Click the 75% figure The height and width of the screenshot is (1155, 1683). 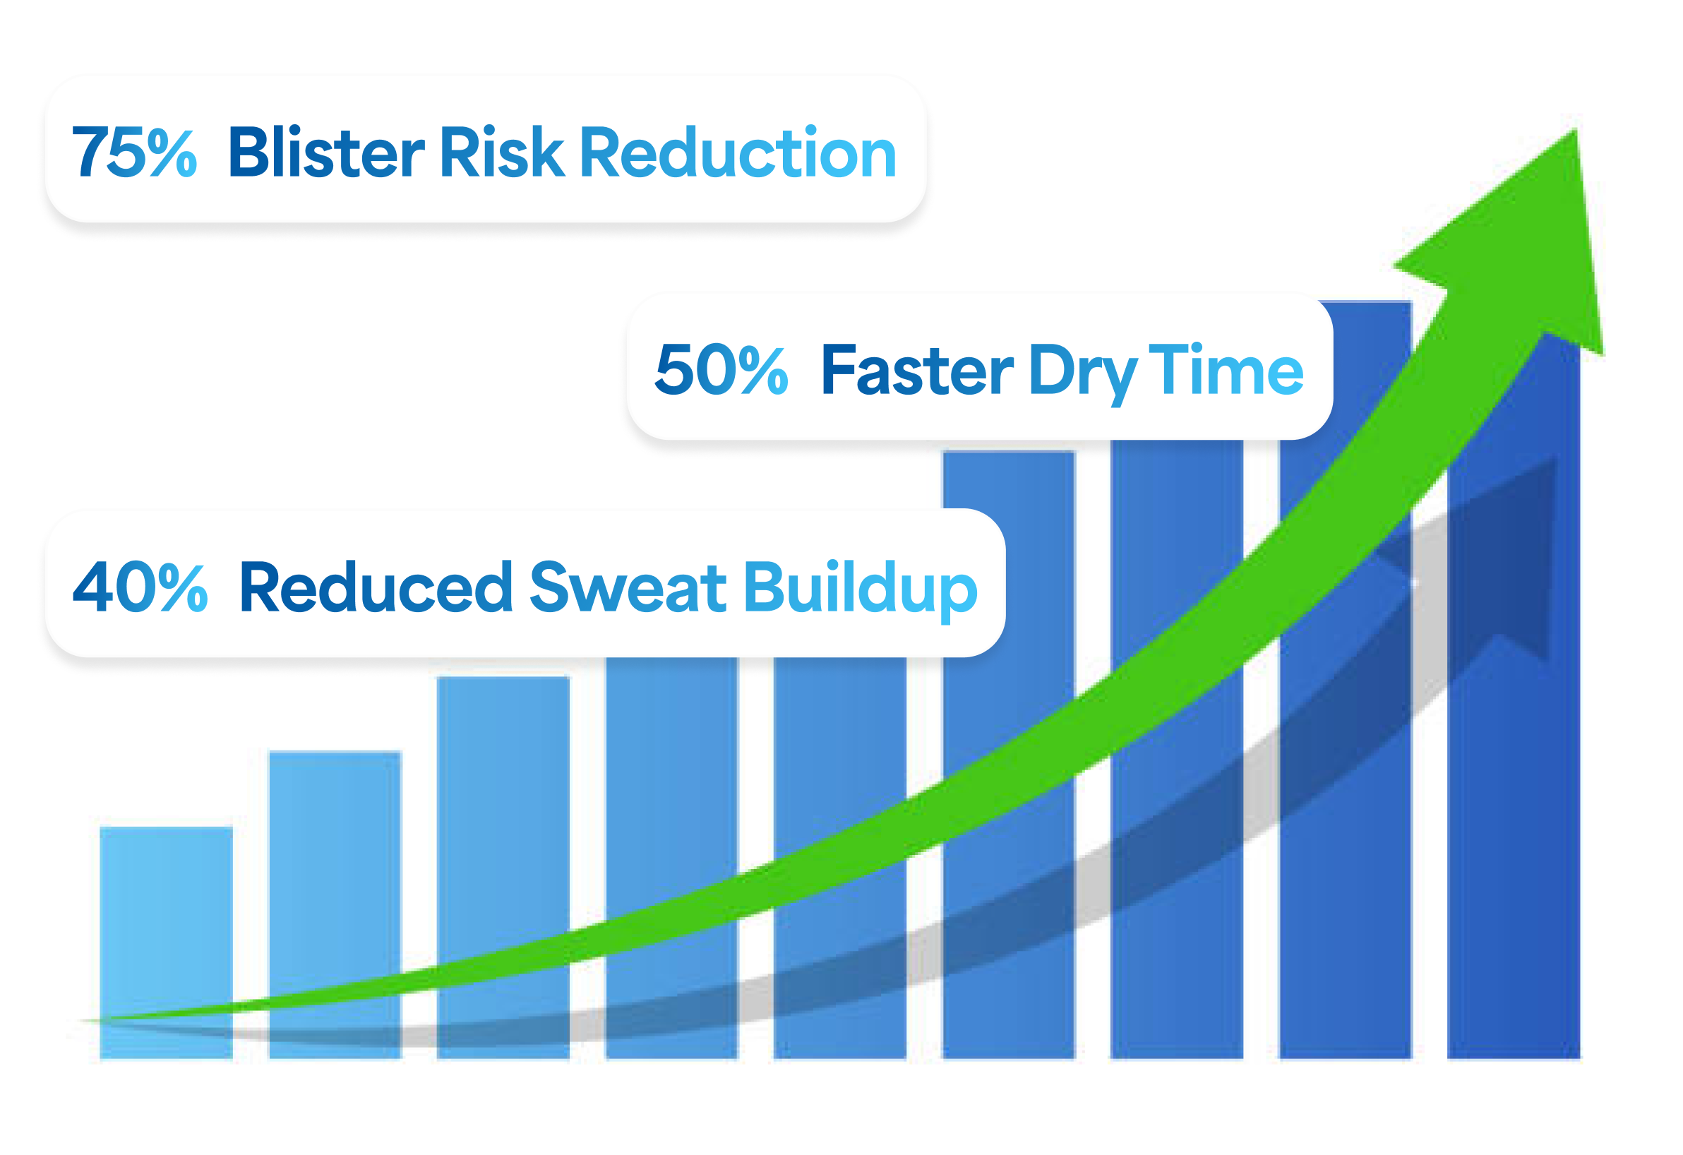coord(134,152)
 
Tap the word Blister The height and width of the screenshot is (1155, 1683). coord(327,151)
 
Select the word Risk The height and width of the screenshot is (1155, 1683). coord(502,151)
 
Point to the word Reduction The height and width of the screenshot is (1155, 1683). coord(738,151)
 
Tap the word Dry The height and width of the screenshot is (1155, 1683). coord(1083,373)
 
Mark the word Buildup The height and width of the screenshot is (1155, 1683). coord(861,590)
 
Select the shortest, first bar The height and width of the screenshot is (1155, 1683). coord(167,942)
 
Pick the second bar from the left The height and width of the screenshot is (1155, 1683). coord(335,905)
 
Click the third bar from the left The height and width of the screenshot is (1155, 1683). coord(503,868)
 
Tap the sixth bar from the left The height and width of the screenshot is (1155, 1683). coord(1009,755)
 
